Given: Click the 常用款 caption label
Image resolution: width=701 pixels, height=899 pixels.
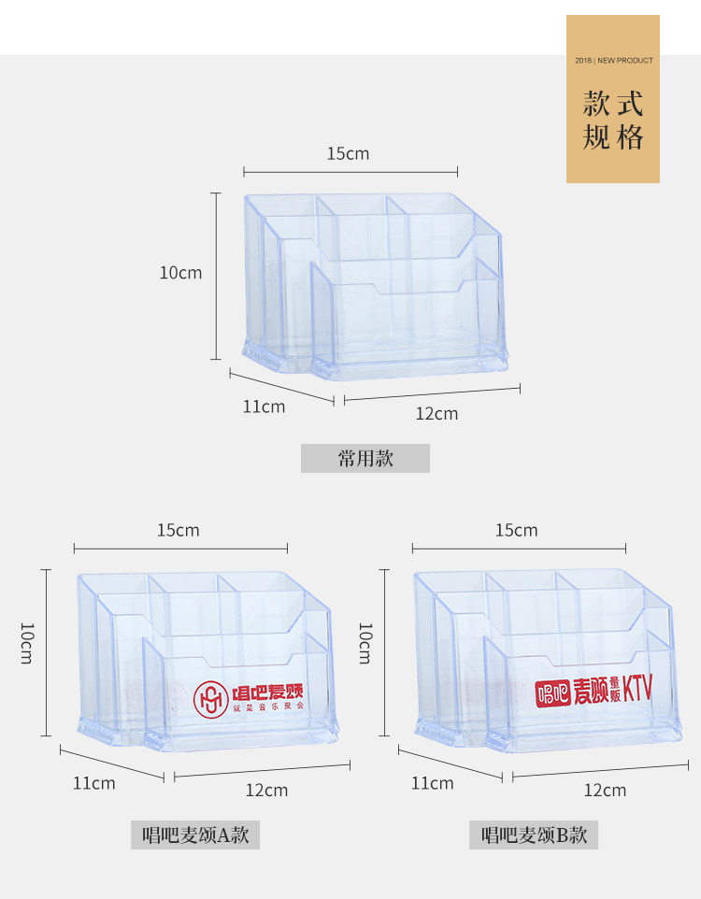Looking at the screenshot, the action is coord(365,458).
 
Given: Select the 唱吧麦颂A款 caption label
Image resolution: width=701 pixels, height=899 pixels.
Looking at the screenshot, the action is coord(194,835).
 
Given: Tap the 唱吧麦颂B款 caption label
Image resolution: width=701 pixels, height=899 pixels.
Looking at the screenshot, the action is coord(534,835).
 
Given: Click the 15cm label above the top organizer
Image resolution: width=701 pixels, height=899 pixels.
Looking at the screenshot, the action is coord(348,153).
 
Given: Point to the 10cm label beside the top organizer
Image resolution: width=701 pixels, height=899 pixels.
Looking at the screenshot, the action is coord(180,273).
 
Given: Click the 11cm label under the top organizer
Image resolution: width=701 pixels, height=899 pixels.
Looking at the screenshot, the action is coord(264,407).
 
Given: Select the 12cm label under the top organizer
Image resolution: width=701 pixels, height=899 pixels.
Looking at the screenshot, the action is coord(436,413).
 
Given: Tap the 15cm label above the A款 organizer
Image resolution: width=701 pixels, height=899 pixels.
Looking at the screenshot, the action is coord(178,530).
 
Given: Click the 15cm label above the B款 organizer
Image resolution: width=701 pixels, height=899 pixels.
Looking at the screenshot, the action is coord(516,530).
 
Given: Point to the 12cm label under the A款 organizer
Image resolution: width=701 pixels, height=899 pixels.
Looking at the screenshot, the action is coord(266,790).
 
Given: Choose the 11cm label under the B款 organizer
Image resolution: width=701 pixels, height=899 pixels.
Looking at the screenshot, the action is coord(432,782).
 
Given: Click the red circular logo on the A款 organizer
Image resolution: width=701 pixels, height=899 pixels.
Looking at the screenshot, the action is coord(211,697).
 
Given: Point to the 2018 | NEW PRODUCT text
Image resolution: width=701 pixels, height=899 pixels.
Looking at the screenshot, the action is coord(613,61).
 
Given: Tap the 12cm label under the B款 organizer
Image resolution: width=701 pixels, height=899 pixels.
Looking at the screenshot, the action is coord(605,790).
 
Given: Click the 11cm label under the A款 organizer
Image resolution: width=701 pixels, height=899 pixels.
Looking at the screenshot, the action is coord(94,782).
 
